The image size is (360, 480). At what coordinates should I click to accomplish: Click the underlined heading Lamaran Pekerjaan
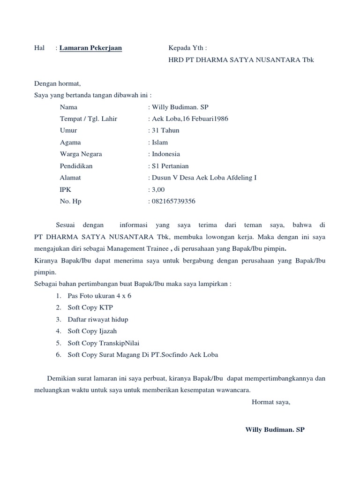coord(90,48)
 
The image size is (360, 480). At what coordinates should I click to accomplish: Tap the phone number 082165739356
coord(173,201)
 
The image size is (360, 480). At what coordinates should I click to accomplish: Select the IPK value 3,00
coord(157,189)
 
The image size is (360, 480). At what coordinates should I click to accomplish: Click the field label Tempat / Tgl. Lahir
coord(89,119)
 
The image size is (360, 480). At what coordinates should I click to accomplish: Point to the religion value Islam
coord(159,142)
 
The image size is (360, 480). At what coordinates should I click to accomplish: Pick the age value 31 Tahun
coord(165,130)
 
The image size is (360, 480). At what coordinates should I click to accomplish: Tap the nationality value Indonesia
coord(165,154)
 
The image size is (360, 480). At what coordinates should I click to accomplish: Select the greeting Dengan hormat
coord(58,84)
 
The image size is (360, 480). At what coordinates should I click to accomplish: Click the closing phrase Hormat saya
coord(271,402)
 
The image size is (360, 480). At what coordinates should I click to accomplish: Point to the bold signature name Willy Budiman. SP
coord(275,429)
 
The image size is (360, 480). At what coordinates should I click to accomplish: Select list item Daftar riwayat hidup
coord(98,319)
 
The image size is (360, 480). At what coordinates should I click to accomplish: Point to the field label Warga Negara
coord(81,154)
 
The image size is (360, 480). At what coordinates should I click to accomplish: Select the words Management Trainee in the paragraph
coord(137,248)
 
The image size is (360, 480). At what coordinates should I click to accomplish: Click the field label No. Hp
coord(71,201)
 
